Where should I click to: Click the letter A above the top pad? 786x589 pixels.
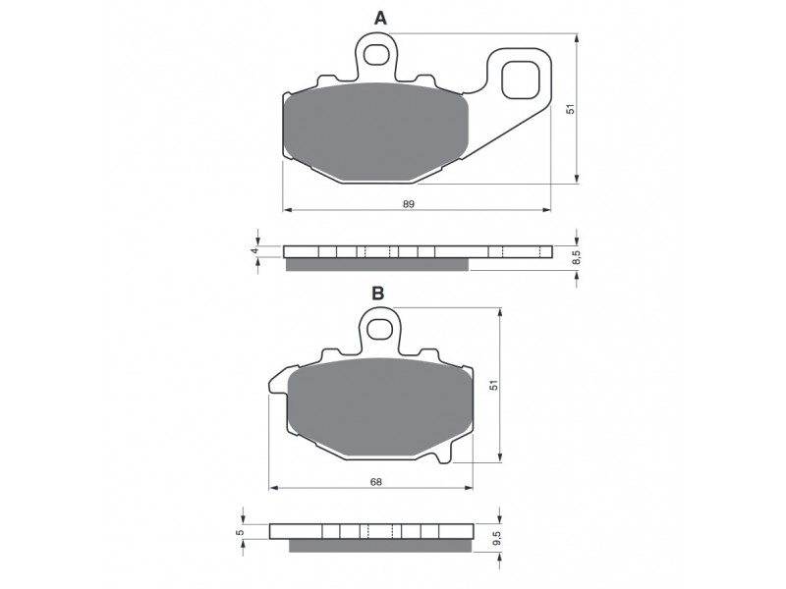[381, 19]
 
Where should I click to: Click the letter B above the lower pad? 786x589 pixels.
[378, 293]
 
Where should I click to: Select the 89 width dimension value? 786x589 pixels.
[409, 204]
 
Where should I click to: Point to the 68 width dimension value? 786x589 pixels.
[376, 482]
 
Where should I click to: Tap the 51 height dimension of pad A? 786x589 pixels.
[570, 109]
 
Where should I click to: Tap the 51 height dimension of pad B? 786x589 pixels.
[494, 385]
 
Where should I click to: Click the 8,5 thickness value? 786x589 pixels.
[577, 257]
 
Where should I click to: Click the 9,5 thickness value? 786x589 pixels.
[497, 538]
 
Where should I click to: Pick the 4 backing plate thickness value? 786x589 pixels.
[254, 250]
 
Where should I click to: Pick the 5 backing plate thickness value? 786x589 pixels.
[240, 532]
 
